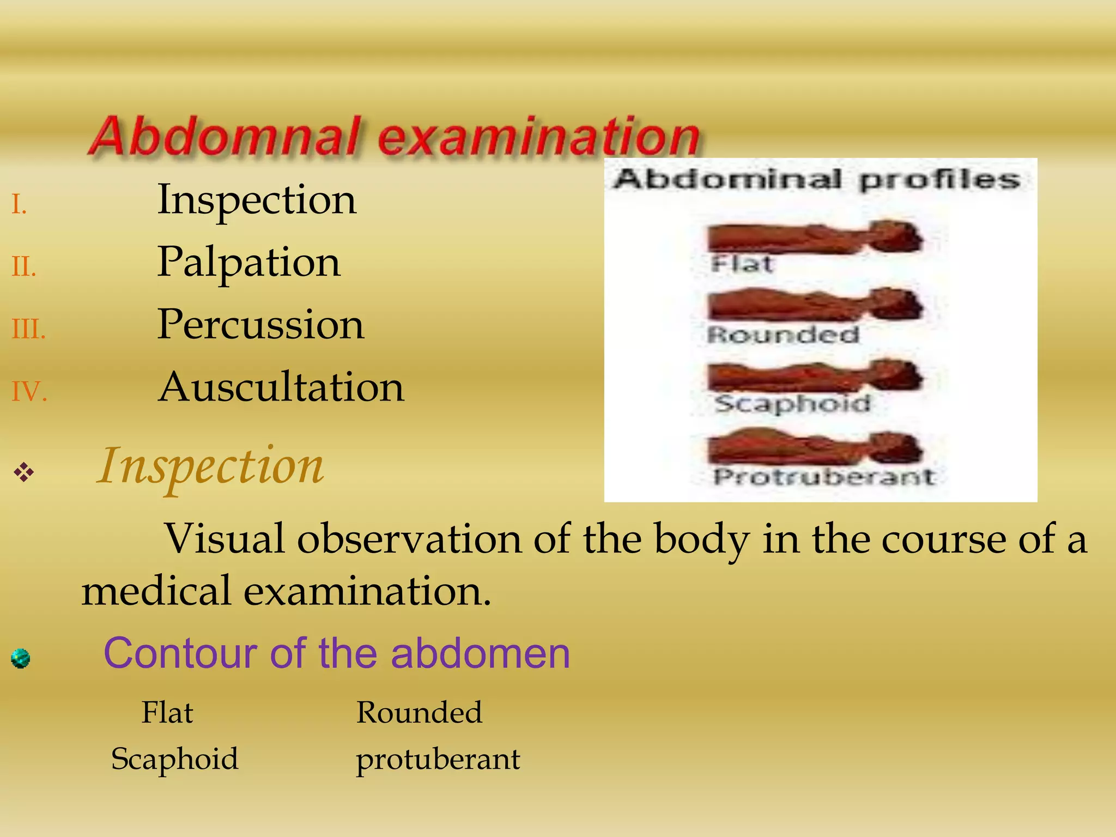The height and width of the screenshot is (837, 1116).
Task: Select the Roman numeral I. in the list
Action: pos(20,205)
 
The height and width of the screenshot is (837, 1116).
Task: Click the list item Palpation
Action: pos(249,263)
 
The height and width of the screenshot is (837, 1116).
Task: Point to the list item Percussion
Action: pos(260,325)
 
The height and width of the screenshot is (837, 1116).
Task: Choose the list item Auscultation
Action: pos(281,387)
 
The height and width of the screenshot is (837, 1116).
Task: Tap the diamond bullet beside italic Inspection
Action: pos(24,472)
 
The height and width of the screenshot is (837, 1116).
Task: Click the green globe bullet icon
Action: pos(21,658)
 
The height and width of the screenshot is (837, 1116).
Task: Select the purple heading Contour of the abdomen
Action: pos(337,653)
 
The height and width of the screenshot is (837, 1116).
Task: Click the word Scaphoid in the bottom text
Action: pos(174,759)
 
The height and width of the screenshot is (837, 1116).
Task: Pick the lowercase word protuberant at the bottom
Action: pos(438,759)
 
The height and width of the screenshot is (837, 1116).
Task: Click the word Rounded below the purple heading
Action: pos(419,712)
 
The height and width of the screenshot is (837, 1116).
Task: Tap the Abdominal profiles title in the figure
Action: pos(816,179)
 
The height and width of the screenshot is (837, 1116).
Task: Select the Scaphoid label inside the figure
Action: pos(792,404)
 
